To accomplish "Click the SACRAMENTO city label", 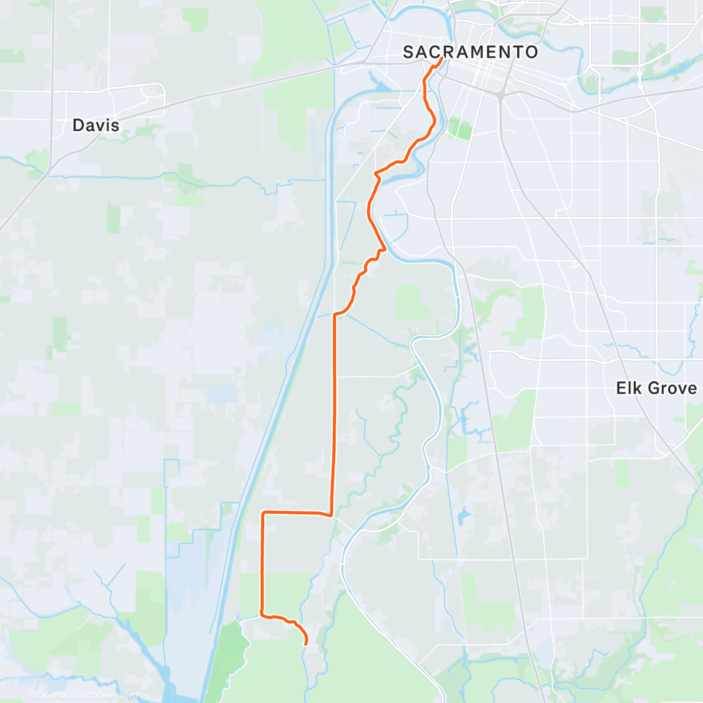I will pyautogui.click(x=470, y=52).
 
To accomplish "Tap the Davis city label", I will pyautogui.click(x=96, y=125).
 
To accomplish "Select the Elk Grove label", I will pyautogui.click(x=656, y=388).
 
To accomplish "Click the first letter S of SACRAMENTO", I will pyautogui.click(x=408, y=52).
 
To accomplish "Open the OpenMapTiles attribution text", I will pyautogui.click(x=62, y=695).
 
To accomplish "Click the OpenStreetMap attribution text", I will pyautogui.click(x=122, y=695).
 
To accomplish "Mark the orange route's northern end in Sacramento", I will pyautogui.click(x=441, y=59).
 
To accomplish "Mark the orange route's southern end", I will pyautogui.click(x=306, y=644).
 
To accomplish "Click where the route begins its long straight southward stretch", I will pyautogui.click(x=335, y=315).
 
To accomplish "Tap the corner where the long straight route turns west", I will pyautogui.click(x=332, y=516).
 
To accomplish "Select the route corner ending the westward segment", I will pyautogui.click(x=263, y=513).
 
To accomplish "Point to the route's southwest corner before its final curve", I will pyautogui.click(x=262, y=615).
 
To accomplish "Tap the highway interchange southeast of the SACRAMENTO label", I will pyautogui.click(x=501, y=94).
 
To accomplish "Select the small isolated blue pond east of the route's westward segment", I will pyautogui.click(x=465, y=516).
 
